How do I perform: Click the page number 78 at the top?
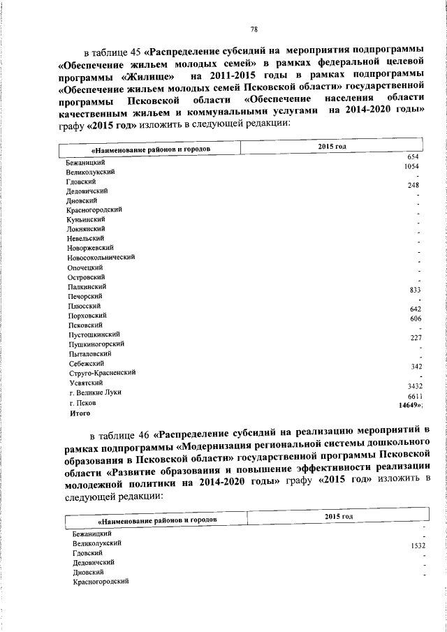(x=254, y=29)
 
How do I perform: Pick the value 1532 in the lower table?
(x=418, y=547)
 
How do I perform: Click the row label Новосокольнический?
(x=101, y=257)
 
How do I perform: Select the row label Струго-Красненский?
(x=102, y=372)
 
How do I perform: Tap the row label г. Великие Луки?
(x=95, y=392)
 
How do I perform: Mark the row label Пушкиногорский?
(x=96, y=344)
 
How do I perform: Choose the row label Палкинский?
(x=87, y=286)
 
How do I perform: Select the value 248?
(x=413, y=186)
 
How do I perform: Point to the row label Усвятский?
(x=85, y=382)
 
